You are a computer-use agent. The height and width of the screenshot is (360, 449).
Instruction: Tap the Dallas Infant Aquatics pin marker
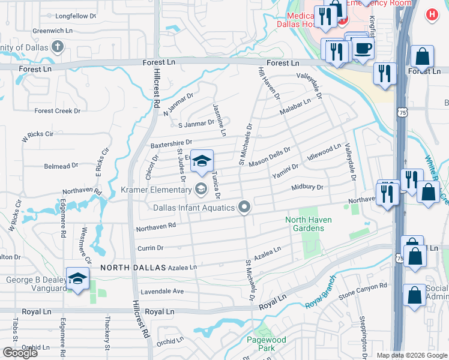pos(244,208)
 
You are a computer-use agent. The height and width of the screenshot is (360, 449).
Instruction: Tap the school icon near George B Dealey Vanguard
pos(77,278)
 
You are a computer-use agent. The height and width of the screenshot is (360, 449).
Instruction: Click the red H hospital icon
pos(431,14)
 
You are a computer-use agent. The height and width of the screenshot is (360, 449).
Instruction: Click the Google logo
pos(20,352)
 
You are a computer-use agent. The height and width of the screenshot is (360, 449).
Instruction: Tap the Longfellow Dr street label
pos(76,16)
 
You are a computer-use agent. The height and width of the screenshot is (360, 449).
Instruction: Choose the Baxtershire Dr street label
pos(170,145)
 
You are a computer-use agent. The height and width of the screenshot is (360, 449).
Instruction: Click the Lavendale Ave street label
pos(162,292)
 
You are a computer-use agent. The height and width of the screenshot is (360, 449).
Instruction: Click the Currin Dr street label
pos(150,248)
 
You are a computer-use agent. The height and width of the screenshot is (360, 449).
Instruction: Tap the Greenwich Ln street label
pos(52,30)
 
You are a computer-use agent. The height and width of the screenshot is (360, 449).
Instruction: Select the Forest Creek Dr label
pos(57,111)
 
